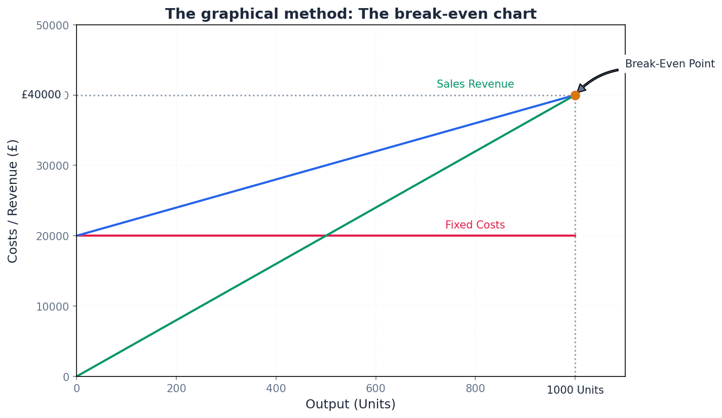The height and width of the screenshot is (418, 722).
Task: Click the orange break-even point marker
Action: pyautogui.click(x=575, y=95)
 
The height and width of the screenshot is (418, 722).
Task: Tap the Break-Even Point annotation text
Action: pyautogui.click(x=670, y=64)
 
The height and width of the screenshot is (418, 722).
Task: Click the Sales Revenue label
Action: pyautogui.click(x=475, y=85)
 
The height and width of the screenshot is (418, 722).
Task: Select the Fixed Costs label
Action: pyautogui.click(x=475, y=225)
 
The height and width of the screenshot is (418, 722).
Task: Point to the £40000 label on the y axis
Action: pyautogui.click(x=41, y=95)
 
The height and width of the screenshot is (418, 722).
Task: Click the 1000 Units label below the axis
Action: pyautogui.click(x=575, y=391)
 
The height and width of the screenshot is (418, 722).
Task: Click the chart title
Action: pyautogui.click(x=351, y=14)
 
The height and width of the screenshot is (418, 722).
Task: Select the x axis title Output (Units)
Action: pyautogui.click(x=351, y=404)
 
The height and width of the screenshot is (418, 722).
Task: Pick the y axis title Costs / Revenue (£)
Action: pyautogui.click(x=13, y=201)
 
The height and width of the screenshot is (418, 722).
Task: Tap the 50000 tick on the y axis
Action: pyautogui.click(x=52, y=25)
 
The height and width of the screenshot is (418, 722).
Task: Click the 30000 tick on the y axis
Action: pyautogui.click(x=52, y=166)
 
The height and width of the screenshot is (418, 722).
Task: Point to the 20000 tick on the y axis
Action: pyautogui.click(x=52, y=236)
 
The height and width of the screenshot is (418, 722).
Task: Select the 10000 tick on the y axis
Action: pyautogui.click(x=52, y=306)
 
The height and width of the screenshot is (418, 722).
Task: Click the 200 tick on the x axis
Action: pyautogui.click(x=176, y=389)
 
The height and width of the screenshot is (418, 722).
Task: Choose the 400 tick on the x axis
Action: pyautogui.click(x=276, y=389)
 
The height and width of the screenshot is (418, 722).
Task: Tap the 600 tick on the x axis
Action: pyautogui.click(x=375, y=389)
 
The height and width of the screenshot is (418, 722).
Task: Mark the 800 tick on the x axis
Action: pyautogui.click(x=475, y=389)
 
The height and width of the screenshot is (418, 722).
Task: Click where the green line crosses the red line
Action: pyautogui.click(x=326, y=236)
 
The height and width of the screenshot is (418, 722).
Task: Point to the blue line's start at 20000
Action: pyautogui.click(x=78, y=235)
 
